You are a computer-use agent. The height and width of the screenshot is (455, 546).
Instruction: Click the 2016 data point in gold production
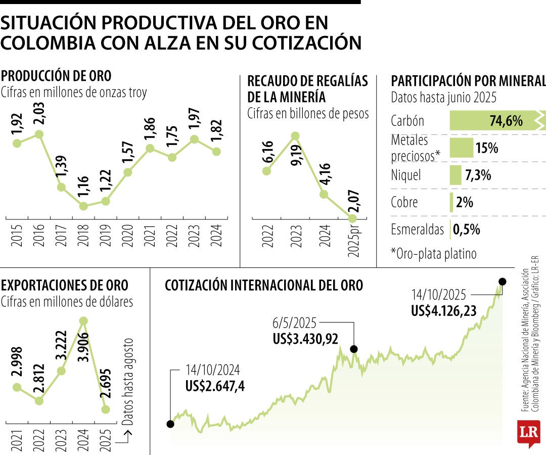coord(39,134)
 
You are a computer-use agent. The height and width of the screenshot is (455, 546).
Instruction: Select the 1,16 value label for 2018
coord(84,186)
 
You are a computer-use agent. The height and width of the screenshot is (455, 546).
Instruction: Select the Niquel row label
coord(405,175)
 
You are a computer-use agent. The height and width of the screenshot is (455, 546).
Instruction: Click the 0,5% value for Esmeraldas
coord(466,229)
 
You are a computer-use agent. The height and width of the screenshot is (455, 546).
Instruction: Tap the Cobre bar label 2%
coord(464,202)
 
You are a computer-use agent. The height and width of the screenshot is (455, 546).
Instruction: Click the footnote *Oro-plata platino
coord(434,253)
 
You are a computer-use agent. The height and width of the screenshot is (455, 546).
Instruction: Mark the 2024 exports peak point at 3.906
coord(84,321)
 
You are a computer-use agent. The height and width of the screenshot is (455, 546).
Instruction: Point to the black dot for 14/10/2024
coord(170,424)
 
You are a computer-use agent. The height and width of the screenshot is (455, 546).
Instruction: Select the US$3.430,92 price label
coord(305,339)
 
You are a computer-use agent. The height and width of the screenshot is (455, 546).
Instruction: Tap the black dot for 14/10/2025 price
coord(502,282)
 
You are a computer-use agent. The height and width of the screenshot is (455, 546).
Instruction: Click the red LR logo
coord(528,432)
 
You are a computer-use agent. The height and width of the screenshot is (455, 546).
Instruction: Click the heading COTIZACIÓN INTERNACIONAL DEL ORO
coord(263,286)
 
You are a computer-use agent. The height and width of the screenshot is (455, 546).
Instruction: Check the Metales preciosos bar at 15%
coord(461,148)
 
